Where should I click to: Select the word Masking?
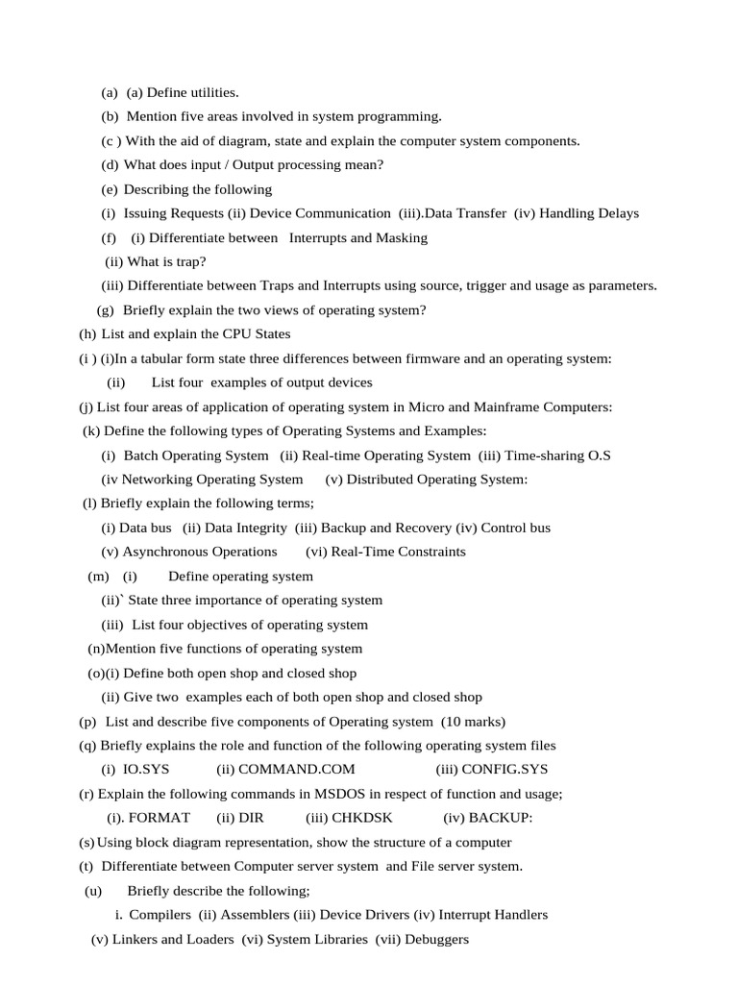point(402,237)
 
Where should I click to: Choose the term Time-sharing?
point(536,455)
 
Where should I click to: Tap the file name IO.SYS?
point(146,770)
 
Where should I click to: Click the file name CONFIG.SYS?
point(504,770)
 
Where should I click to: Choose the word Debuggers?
point(437,939)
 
